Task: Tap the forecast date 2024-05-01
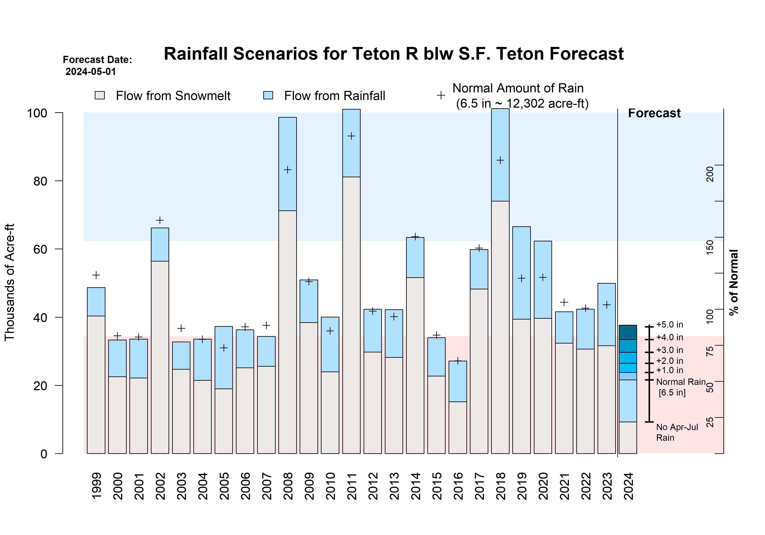pyautogui.click(x=91, y=72)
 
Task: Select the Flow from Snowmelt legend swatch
pyautogui.click(x=100, y=96)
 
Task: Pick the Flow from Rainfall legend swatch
pyautogui.click(x=268, y=96)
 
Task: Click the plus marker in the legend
pyautogui.click(x=441, y=96)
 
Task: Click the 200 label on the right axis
pyautogui.click(x=710, y=174)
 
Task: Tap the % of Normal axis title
pyautogui.click(x=734, y=282)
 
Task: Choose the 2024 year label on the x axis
pyautogui.click(x=628, y=486)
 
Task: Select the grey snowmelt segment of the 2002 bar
pyautogui.click(x=160, y=356)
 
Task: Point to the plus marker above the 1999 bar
pyautogui.click(x=96, y=275)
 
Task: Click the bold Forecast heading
pyautogui.click(x=654, y=113)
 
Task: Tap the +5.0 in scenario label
pyautogui.click(x=670, y=325)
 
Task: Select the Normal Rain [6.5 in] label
pyautogui.click(x=681, y=387)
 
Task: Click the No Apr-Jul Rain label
pyautogui.click(x=677, y=432)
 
